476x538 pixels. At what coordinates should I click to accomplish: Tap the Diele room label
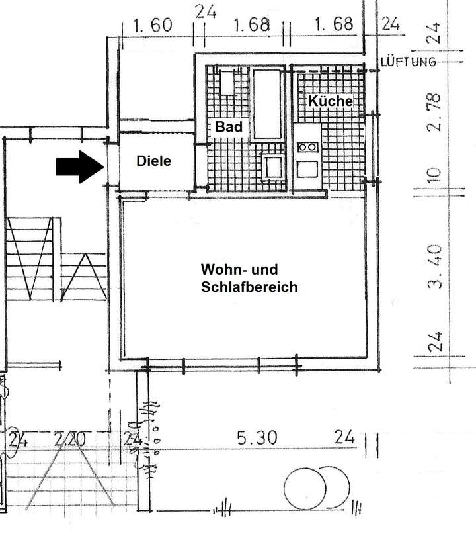[x=153, y=161]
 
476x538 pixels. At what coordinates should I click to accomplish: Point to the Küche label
[x=330, y=101]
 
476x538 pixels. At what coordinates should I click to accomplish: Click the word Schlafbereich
[x=249, y=287]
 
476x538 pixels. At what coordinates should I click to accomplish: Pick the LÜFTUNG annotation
[x=409, y=62]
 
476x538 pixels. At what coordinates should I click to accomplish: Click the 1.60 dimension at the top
[x=153, y=26]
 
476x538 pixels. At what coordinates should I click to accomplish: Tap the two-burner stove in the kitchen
[x=307, y=146]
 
